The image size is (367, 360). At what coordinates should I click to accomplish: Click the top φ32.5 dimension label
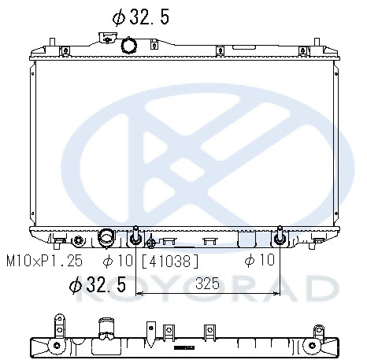coord(141,17)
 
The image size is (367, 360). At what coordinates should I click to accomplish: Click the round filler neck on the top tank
coord(129,45)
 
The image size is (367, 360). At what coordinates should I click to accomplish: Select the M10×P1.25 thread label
coord(44,261)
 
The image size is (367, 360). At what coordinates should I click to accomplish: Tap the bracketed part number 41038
coord(170,262)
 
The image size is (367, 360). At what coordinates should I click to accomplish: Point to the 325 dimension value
coord(207,284)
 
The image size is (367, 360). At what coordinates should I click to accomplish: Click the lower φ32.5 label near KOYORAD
coord(98,284)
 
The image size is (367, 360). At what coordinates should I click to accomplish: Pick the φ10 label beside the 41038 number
coord(118,261)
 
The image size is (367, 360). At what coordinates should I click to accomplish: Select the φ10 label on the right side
coord(259,260)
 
